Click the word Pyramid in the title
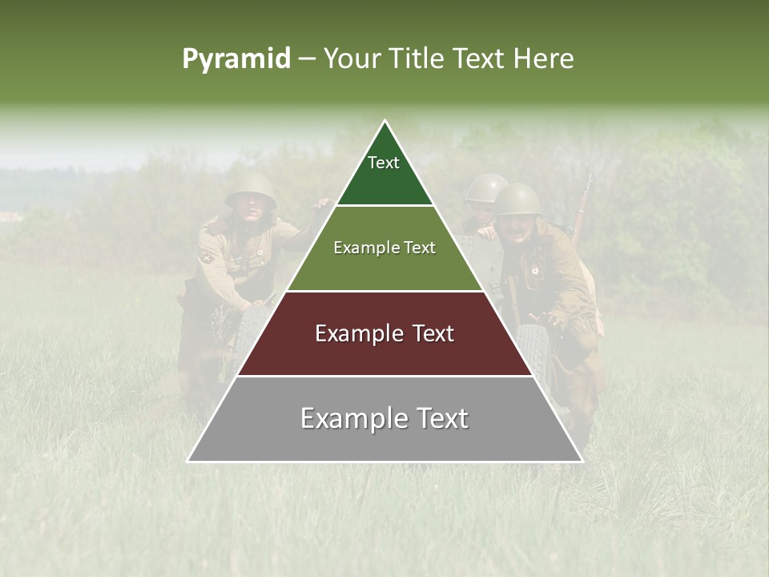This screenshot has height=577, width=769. click(x=236, y=59)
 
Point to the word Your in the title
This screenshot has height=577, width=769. click(x=352, y=59)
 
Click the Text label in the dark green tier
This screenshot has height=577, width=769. click(x=384, y=163)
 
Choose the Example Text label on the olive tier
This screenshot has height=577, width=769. click(x=384, y=248)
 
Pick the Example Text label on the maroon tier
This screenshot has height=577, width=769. click(x=384, y=334)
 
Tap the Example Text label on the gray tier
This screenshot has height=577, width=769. click(x=384, y=419)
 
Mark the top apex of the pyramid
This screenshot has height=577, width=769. click(x=385, y=122)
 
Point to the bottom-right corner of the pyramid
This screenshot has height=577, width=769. click(x=582, y=461)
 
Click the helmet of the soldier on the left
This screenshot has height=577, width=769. click(x=251, y=188)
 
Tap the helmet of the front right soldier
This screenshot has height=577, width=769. click(x=517, y=199)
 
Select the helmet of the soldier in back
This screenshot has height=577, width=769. click(x=485, y=188)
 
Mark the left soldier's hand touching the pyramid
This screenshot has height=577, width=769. click(x=323, y=204)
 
